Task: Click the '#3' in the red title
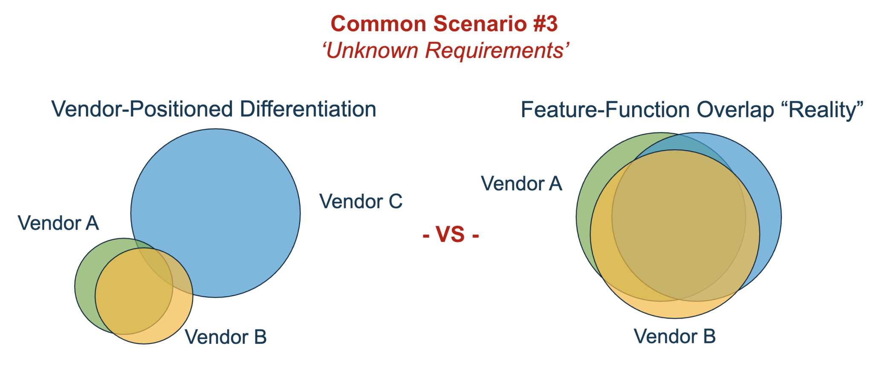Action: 545,24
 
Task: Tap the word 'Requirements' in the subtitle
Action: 494,51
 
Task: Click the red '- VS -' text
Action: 451,235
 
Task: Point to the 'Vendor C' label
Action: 361,201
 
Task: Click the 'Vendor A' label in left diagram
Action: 58,223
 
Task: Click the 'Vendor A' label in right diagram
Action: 521,184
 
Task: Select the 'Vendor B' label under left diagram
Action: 225,337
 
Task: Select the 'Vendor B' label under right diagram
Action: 674,336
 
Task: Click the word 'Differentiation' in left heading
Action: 308,109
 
